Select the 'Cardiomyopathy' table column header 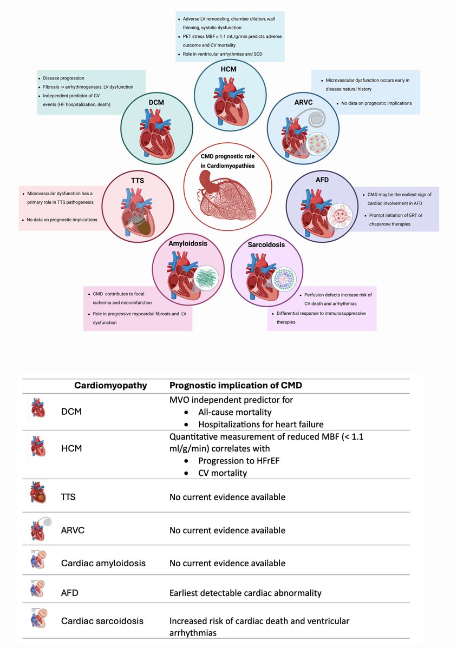click(110, 386)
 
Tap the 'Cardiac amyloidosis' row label click(103, 563)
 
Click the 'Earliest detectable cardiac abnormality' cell click(245, 593)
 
